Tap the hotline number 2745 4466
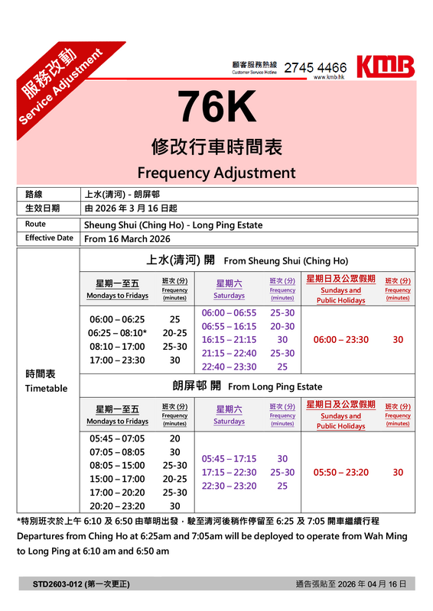pos(314,67)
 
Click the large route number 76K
pos(217,108)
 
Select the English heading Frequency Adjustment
pos(216,173)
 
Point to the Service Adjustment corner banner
pos(57,84)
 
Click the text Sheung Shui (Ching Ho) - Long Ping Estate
pos(173,225)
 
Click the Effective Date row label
pos(49,238)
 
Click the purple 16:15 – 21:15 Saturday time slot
pos(229,339)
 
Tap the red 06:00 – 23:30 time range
pos(340,340)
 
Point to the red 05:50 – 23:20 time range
pos(340,473)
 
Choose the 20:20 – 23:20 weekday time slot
pos(117,506)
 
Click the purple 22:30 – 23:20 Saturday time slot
pos(229,486)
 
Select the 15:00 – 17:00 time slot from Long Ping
pos(117,478)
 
